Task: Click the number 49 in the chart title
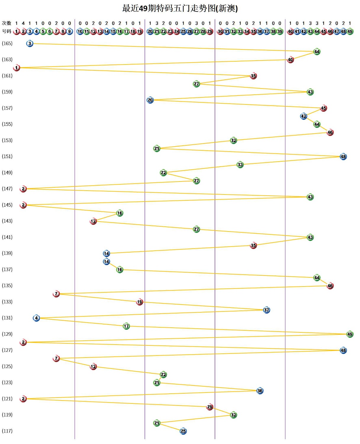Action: (143, 8)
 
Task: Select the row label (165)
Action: (7, 44)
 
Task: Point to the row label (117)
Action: (7, 431)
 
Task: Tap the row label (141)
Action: (7, 237)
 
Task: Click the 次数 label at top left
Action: (7, 23)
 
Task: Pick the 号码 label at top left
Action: (7, 31)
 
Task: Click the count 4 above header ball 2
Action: (23, 23)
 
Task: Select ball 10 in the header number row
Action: (80, 31)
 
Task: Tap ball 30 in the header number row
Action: (220, 31)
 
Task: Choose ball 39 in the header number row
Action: (280, 31)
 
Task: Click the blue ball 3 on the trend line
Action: (30, 44)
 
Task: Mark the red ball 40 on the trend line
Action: (290, 60)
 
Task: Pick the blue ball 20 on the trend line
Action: (150, 100)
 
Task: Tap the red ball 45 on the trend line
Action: (324, 108)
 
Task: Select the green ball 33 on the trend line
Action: (240, 165)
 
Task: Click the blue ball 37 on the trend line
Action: (266, 310)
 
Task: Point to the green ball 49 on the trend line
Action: (350, 334)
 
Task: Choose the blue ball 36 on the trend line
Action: (260, 391)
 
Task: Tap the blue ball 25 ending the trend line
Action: (183, 431)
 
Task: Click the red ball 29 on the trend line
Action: (210, 407)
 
